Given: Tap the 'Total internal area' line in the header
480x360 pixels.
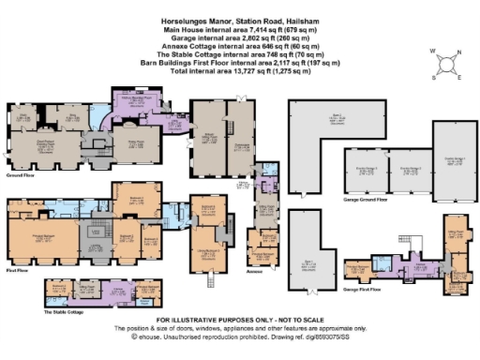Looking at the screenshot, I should pos(240,70).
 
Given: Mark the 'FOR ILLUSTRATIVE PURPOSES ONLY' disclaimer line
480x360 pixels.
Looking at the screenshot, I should pos(240,322).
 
